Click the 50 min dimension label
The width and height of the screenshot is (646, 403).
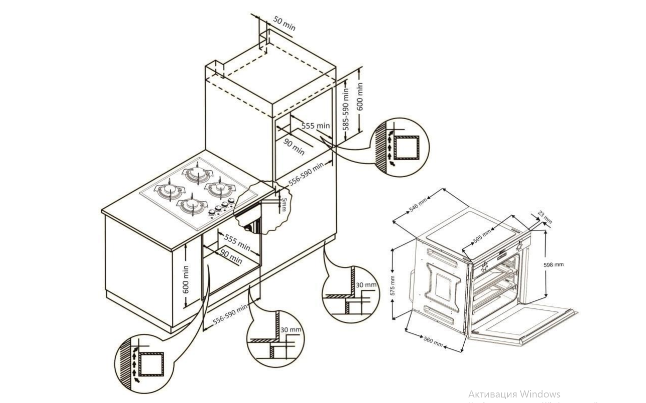pyautogui.click(x=284, y=23)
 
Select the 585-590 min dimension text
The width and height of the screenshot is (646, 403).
pyautogui.click(x=346, y=110)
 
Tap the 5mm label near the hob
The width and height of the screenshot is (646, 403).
pyautogui.click(x=283, y=205)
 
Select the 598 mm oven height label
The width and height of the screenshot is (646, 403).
pyautogui.click(x=553, y=264)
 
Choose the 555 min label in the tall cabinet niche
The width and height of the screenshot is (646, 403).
pyautogui.click(x=316, y=125)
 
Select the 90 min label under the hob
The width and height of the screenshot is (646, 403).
pyautogui.click(x=231, y=258)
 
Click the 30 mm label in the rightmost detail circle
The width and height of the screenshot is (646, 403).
pyautogui.click(x=365, y=285)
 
